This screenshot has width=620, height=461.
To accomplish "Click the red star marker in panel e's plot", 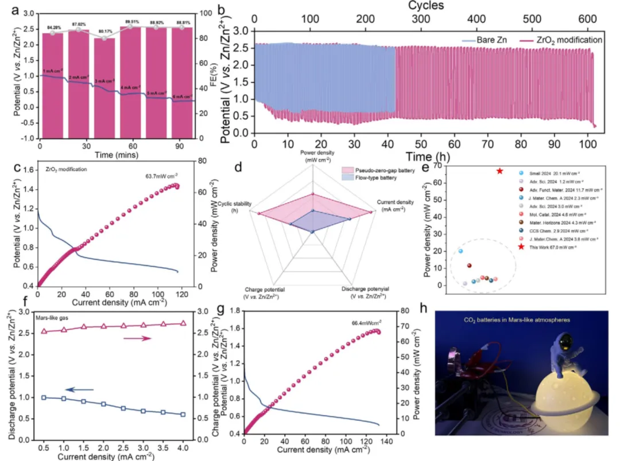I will tap(499, 171).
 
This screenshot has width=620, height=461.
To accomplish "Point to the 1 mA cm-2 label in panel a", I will tap(53, 71).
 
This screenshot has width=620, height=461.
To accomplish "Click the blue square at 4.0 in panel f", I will tap(183, 415).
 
